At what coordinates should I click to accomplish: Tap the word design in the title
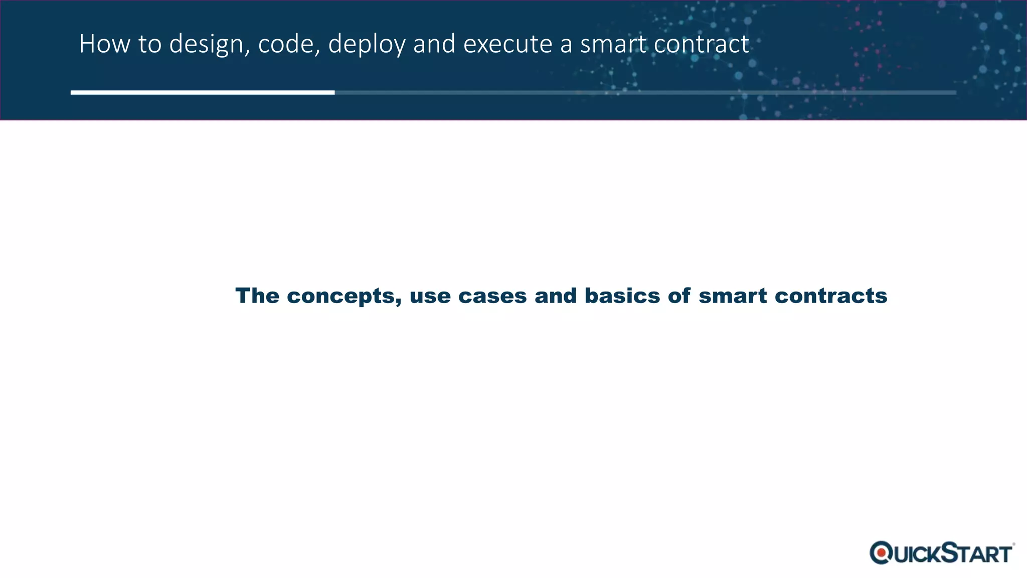tap(206, 45)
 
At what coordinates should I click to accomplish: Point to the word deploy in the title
tap(367, 45)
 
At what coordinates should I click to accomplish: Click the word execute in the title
tap(507, 44)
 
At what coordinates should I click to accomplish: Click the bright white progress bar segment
tap(203, 92)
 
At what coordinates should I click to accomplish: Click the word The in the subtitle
tap(257, 296)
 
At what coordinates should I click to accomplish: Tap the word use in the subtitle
tap(430, 296)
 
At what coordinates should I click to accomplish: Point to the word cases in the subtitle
tap(492, 296)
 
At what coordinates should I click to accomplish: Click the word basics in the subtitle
tap(622, 296)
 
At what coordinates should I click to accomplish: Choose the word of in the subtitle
tap(679, 296)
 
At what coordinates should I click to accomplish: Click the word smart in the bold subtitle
tap(733, 296)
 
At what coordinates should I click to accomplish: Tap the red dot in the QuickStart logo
tap(881, 553)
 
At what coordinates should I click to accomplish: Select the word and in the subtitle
tap(556, 296)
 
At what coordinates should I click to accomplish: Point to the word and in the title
tap(434, 44)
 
